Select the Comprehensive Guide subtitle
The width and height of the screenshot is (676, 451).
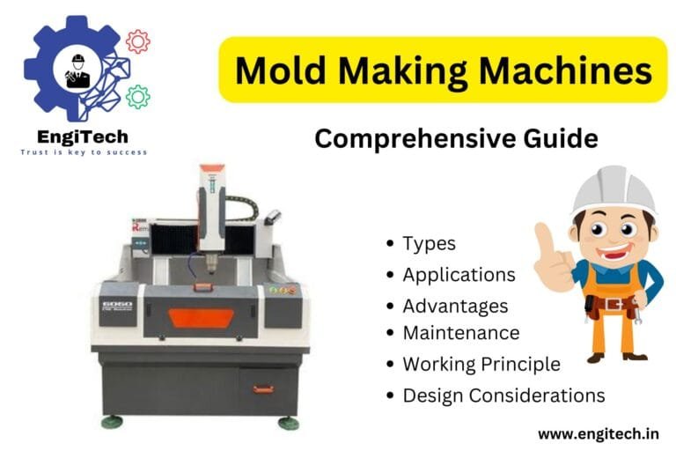[456, 138]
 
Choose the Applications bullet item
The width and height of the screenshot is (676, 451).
[459, 275]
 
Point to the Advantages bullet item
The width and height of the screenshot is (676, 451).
[455, 307]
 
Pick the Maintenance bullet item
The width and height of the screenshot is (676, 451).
[460, 333]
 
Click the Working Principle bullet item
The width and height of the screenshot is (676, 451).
[481, 364]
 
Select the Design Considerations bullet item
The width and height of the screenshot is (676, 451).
[503, 396]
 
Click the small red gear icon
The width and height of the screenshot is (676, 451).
[137, 41]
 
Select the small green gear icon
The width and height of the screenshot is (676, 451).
[137, 96]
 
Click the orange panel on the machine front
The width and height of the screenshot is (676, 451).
[201, 318]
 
